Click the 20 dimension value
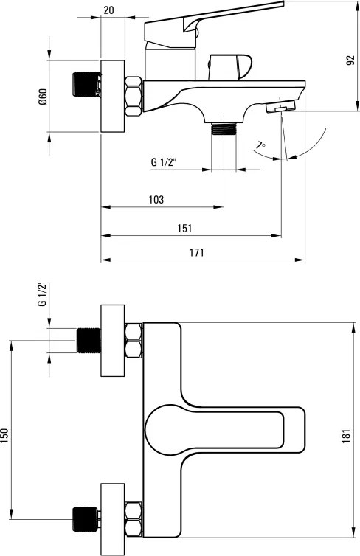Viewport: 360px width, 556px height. (108, 10)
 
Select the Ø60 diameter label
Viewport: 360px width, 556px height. (43, 97)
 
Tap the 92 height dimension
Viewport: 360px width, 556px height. (350, 60)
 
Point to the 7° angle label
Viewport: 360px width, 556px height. (261, 146)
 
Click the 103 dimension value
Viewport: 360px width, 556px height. (156, 200)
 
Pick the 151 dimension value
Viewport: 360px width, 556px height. (184, 228)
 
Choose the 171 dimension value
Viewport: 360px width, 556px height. (196, 252)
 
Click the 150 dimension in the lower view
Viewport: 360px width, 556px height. (4, 436)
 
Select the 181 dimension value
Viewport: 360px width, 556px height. (346, 436)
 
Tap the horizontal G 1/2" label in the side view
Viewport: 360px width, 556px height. (164, 162)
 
